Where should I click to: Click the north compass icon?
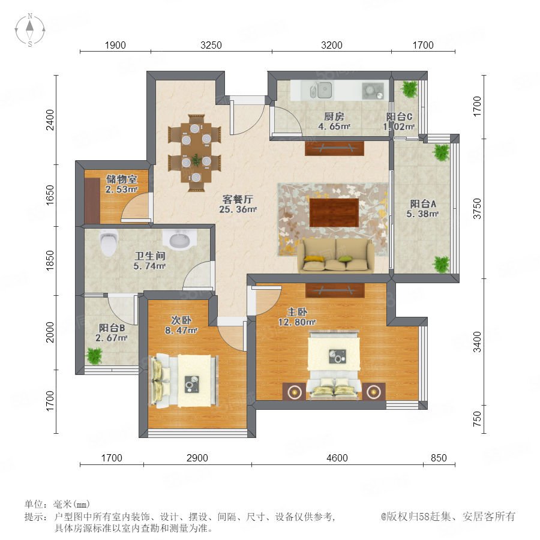tap(30, 30)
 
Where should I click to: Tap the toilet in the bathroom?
tap(109, 242)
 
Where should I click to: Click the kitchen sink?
tap(325, 90)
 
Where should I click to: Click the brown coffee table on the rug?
tap(334, 212)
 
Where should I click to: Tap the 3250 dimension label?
tap(211, 45)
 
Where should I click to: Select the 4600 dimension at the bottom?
tap(337, 458)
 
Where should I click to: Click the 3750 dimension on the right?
tap(476, 208)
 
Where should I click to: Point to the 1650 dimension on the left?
tap(50, 195)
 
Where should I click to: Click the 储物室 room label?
tap(121, 179)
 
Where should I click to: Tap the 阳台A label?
tap(423, 204)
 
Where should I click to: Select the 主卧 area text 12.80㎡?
tap(297, 322)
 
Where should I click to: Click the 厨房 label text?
tap(334, 116)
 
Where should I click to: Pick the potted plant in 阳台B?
tap(94, 356)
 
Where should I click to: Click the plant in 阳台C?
tap(409, 89)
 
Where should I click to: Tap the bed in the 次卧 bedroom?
tap(184, 380)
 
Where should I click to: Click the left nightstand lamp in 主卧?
tap(294, 392)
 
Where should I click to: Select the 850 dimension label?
tap(439, 458)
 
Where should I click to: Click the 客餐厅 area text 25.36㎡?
tap(238, 209)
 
